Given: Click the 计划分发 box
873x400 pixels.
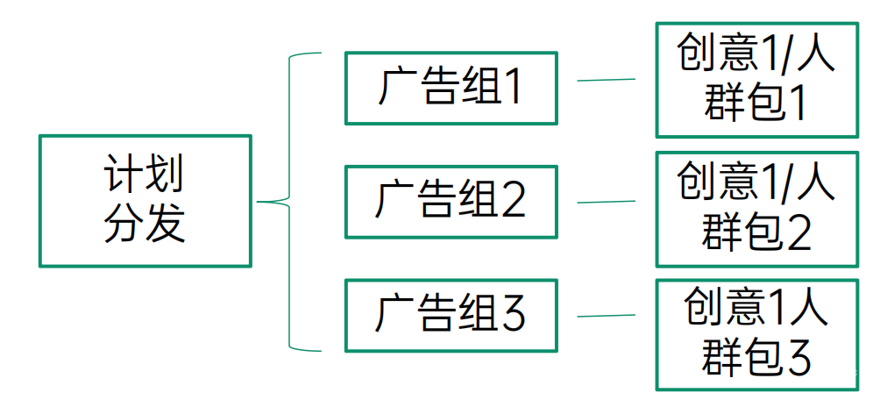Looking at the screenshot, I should click(145, 201).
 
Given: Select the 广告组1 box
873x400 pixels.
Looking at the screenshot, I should click(451, 88).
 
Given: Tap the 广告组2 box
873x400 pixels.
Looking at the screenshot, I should click(451, 202).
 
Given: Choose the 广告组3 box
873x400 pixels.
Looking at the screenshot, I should click(451, 315).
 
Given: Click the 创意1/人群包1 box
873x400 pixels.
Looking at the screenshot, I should click(756, 81).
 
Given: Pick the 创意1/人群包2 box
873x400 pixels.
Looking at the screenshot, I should click(756, 209).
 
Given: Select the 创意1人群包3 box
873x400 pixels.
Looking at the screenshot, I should click(756, 334).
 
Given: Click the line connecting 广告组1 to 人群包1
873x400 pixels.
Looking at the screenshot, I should click(606, 80).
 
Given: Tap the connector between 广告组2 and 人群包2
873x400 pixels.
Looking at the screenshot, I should click(606, 202).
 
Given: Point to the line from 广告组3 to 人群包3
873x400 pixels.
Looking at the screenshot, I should click(606, 316).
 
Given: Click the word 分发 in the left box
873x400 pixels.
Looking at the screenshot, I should click(145, 225).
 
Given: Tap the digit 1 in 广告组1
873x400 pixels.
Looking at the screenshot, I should click(509, 88).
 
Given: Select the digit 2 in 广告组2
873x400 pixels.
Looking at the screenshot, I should click(511, 202).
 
